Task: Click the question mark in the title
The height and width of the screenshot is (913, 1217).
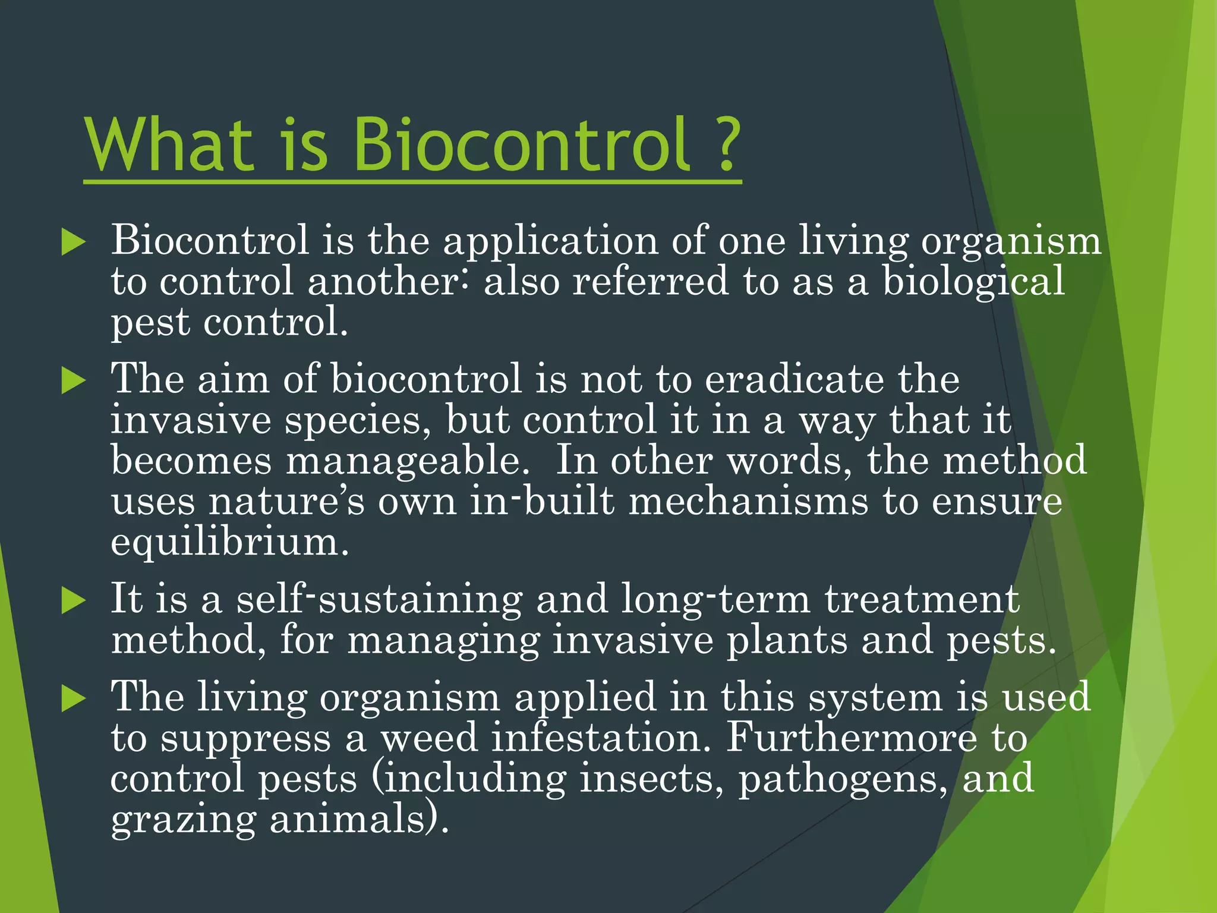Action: (x=727, y=144)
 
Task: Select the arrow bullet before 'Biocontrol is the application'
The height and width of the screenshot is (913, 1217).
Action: (x=74, y=243)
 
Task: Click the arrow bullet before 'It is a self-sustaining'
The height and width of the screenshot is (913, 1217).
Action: (x=74, y=600)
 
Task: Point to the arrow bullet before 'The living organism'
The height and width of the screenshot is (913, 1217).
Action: (x=74, y=698)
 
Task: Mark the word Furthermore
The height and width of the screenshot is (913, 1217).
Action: (x=852, y=738)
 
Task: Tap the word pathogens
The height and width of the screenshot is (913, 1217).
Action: (x=843, y=779)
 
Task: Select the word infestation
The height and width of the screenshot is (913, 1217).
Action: (x=601, y=738)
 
